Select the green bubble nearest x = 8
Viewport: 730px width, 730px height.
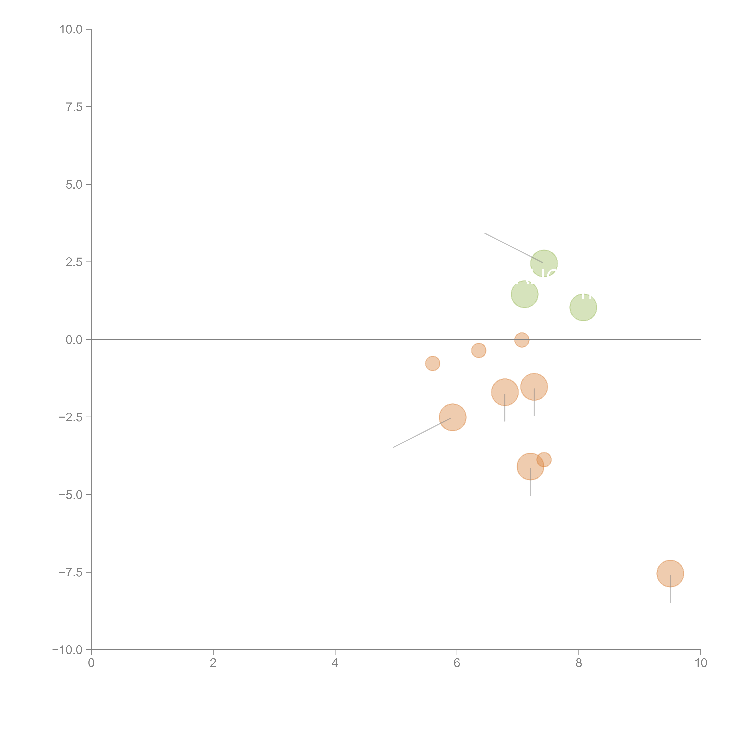tap(583, 307)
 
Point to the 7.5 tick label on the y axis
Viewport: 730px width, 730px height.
tap(74, 107)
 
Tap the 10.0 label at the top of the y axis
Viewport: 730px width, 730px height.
tap(71, 29)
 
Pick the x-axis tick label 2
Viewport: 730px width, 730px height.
tap(213, 663)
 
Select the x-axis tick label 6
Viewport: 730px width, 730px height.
tap(457, 663)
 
